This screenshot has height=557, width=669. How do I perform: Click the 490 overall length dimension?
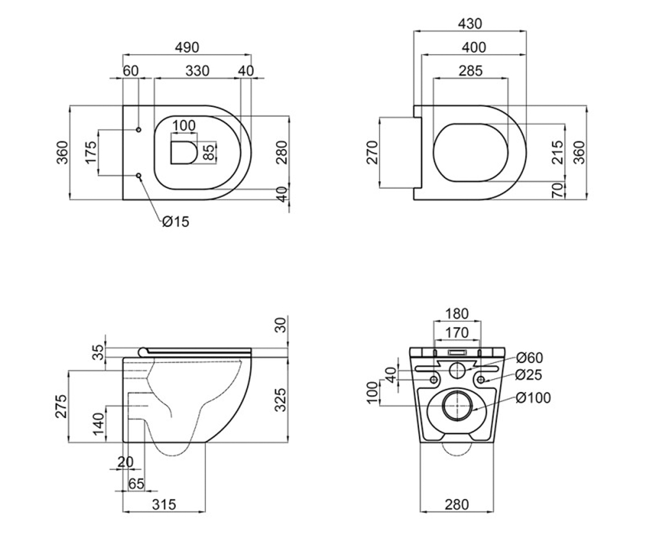pyautogui.click(x=187, y=47)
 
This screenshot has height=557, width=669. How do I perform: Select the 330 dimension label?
pyautogui.click(x=197, y=71)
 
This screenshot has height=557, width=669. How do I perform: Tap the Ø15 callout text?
pyautogui.click(x=176, y=222)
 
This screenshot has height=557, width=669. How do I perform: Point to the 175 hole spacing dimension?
pyautogui.click(x=91, y=153)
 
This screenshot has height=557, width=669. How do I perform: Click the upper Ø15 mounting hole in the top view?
pyautogui.click(x=138, y=130)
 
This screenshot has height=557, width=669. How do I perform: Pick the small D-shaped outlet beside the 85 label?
pyautogui.click(x=184, y=153)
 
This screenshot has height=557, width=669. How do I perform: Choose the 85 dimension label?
pyautogui.click(x=209, y=153)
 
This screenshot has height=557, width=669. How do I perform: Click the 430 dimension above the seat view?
pyautogui.click(x=470, y=24)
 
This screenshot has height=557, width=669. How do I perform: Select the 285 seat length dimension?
pyautogui.click(x=471, y=71)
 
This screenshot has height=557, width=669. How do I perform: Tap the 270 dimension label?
pyautogui.click(x=372, y=153)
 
